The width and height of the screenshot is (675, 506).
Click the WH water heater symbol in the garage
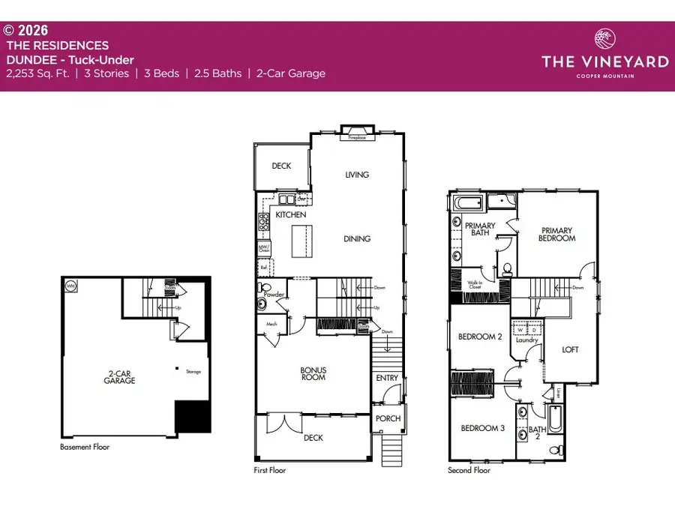(x=71, y=286)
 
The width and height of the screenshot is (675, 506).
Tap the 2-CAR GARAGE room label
(x=120, y=376)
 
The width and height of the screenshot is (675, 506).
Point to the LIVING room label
(x=357, y=175)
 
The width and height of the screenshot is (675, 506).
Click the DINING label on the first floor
(x=357, y=239)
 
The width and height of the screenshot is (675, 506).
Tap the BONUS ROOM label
(x=313, y=373)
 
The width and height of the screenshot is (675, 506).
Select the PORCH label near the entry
(x=388, y=418)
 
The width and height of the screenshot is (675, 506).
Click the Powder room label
(x=274, y=295)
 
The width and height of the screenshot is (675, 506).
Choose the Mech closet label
(x=272, y=324)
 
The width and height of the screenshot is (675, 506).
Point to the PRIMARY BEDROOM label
(x=556, y=234)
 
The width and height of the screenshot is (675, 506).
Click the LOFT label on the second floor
(x=571, y=349)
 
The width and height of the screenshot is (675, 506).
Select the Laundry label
(x=527, y=340)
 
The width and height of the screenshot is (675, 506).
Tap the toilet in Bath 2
(x=555, y=450)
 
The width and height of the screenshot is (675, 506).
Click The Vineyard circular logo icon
(x=604, y=39)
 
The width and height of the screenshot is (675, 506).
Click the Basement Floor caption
(x=85, y=447)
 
